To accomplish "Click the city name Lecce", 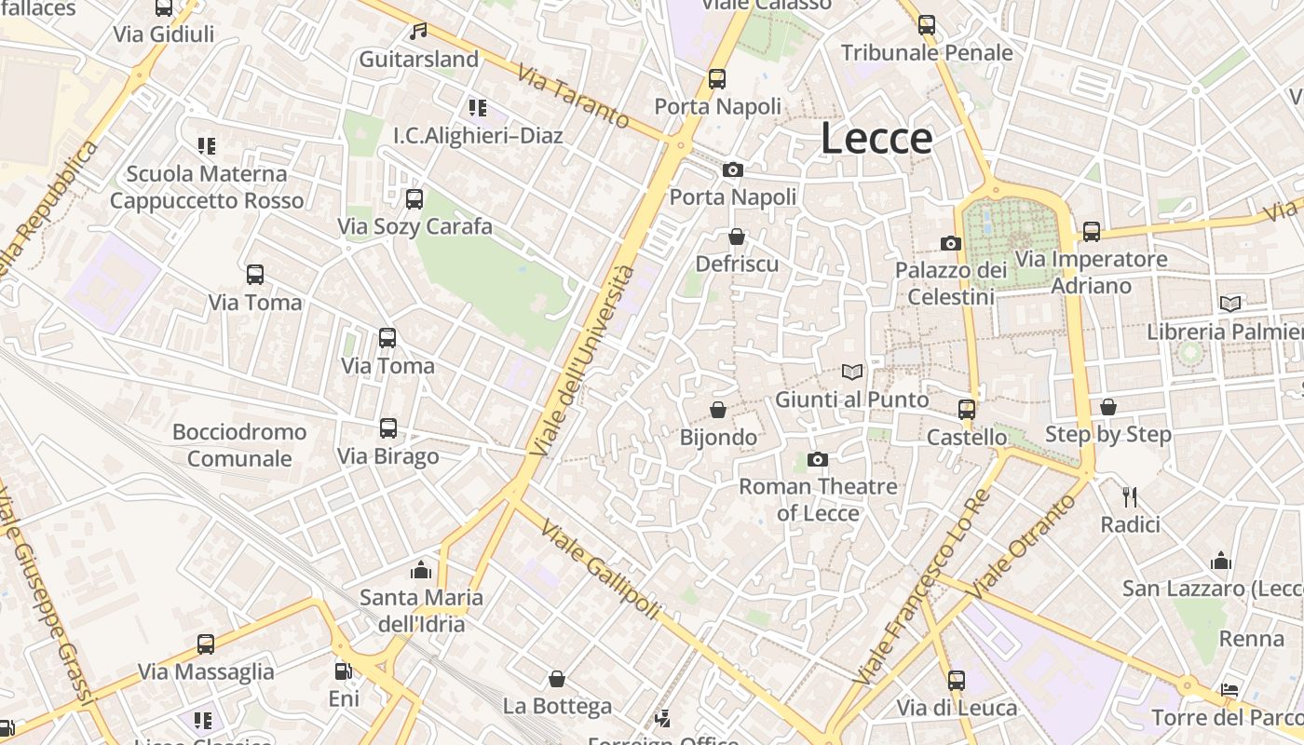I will (x=876, y=139).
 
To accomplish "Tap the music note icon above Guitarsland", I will (x=419, y=32).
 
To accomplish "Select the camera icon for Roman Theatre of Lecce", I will (x=818, y=459).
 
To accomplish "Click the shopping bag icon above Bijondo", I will (x=718, y=410).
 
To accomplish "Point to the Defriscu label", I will (x=737, y=264).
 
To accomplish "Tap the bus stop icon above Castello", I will (x=967, y=410).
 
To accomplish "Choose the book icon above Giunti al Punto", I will (x=852, y=372).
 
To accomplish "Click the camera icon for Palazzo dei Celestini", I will (x=951, y=243).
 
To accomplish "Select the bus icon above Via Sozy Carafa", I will (x=414, y=199).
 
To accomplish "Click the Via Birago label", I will (x=387, y=456).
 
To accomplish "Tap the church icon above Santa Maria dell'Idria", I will (x=421, y=570).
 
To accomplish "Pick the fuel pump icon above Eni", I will (x=343, y=670).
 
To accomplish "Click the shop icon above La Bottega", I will (x=557, y=679).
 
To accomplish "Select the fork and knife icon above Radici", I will (x=1131, y=497).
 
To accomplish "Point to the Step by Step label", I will (x=1107, y=434).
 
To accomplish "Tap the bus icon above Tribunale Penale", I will (x=927, y=25).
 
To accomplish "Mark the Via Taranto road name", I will (x=574, y=96).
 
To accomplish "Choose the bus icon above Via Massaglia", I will (x=206, y=644).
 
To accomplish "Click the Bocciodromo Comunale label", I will (x=239, y=445).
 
